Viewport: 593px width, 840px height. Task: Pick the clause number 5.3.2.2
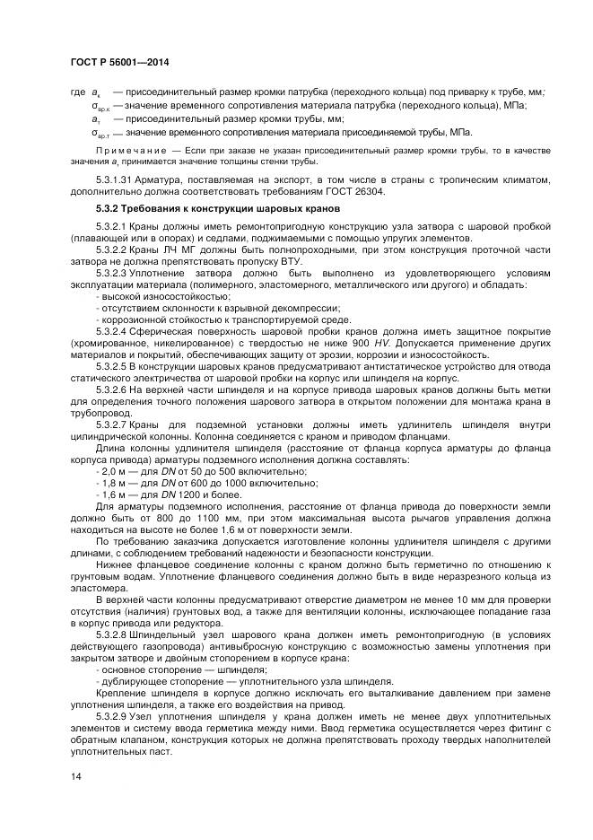(x=115, y=249)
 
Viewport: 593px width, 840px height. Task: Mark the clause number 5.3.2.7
(x=115, y=423)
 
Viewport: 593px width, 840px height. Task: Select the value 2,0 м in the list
(x=116, y=471)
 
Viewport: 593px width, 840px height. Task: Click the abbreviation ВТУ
(x=290, y=258)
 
